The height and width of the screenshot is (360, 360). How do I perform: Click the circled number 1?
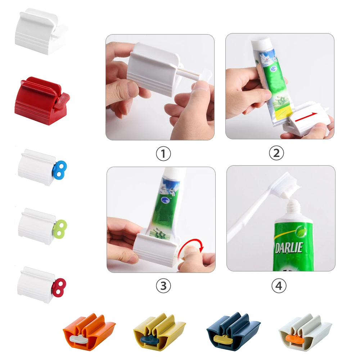tap(163, 154)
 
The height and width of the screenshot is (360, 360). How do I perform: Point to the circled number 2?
tap(276, 153)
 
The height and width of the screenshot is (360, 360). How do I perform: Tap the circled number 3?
tap(163, 286)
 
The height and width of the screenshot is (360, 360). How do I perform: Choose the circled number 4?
tap(279, 286)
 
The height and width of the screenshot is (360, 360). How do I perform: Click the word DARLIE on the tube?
tap(289, 247)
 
